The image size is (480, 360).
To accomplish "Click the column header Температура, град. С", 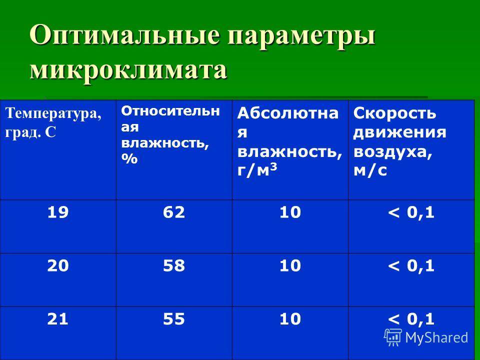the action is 53,122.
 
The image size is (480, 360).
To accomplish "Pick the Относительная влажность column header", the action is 170,134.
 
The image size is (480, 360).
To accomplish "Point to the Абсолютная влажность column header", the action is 289,141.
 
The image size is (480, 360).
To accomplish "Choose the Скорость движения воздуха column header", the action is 399,141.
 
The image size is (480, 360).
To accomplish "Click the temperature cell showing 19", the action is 58,212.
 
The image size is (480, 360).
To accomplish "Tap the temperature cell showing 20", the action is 58,265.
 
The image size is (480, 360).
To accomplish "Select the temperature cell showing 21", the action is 58,318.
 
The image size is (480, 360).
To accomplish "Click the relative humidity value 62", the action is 174,212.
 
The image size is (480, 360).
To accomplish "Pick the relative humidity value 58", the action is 174,265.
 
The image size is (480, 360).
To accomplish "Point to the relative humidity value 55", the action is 174,318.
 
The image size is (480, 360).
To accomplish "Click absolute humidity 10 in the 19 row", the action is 290,212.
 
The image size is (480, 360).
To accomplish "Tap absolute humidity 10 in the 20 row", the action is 290,265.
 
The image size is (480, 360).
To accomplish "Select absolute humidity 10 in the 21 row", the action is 290,318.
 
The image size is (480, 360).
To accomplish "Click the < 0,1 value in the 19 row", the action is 411,212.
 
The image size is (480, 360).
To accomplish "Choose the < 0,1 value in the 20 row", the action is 411,265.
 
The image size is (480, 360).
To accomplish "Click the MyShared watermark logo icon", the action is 393,337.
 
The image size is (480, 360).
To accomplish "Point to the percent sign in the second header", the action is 129,159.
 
